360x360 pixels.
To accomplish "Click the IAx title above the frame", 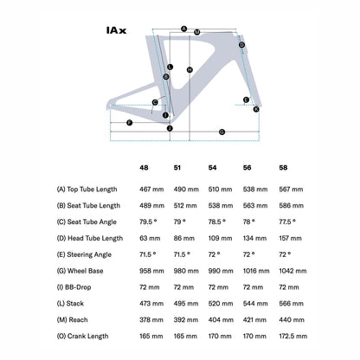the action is point(116,30).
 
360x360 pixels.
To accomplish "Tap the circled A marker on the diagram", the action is point(184,29).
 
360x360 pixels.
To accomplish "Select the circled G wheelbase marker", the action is point(222,132).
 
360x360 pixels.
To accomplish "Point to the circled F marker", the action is point(130,123).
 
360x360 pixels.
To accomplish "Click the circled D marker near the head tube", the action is point(241,45).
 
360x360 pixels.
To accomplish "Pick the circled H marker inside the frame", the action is point(190,70).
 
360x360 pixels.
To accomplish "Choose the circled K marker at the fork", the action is point(256,109).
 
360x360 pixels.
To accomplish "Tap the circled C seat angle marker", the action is point(155,102).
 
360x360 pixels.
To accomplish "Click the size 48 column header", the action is point(144,168).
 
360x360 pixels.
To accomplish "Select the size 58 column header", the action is point(283,168).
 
